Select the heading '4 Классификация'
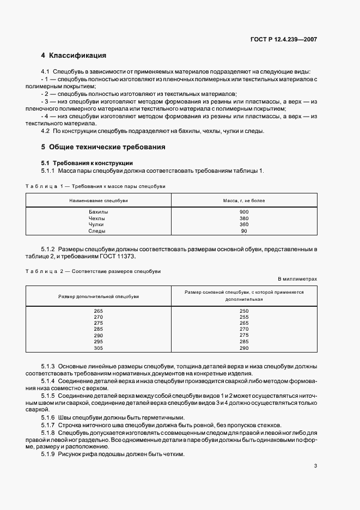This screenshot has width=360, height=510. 74,56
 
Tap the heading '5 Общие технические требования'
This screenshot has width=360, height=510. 103,147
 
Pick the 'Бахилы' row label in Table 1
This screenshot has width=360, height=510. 98,211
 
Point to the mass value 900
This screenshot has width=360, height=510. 243,211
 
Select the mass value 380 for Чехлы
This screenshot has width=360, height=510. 243,218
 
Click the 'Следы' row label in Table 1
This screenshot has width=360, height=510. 98,231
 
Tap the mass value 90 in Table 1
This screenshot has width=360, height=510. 243,231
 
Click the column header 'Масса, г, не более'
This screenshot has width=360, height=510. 243,201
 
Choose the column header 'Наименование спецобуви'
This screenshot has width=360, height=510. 98,201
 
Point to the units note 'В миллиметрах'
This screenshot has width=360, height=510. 297,279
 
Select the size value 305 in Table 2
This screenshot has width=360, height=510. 98,348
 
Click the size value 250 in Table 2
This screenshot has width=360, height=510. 243,311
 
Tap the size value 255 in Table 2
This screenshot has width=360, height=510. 243,317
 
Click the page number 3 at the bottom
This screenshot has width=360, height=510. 315,466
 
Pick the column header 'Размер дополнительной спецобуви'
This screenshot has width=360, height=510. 98,296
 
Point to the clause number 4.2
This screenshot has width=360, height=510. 46,131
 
